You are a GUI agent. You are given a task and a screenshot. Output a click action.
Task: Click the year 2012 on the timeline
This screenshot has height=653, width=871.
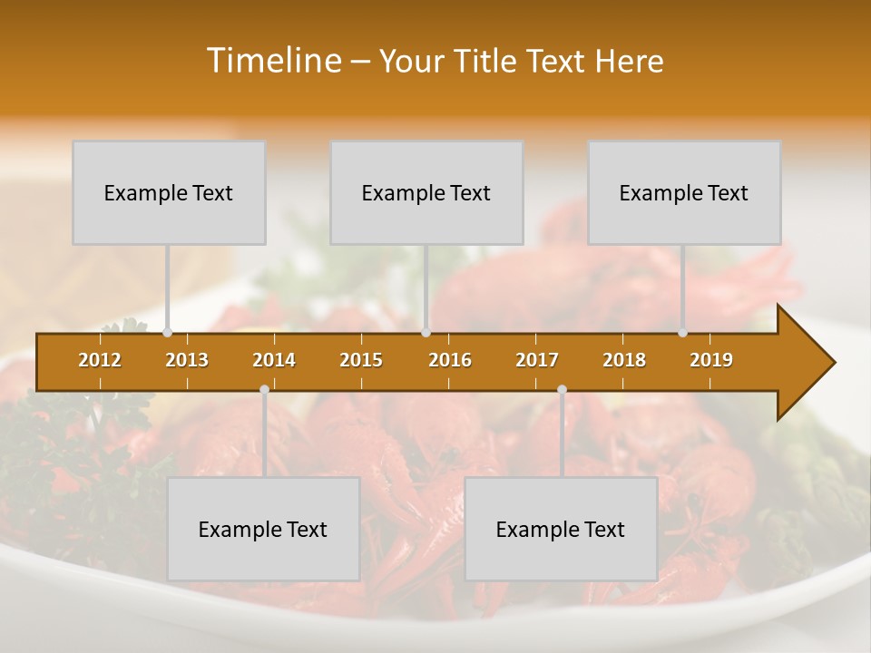point(100,360)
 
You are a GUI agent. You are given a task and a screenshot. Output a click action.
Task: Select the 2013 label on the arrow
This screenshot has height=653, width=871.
point(187,360)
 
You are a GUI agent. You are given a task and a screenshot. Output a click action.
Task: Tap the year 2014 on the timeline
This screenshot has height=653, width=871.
point(274,360)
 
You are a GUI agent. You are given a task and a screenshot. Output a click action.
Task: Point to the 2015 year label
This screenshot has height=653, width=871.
point(361,360)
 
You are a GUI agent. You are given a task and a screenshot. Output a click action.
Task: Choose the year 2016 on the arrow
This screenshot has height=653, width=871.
point(450,360)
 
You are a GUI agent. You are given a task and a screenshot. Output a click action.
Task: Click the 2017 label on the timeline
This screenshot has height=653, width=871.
point(537,360)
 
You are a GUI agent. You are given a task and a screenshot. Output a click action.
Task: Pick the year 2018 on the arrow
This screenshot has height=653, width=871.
point(624,360)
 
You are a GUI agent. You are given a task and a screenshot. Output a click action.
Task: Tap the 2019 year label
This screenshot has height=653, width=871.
point(711,360)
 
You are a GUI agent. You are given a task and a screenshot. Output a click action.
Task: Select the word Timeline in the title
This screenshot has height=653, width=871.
point(273,61)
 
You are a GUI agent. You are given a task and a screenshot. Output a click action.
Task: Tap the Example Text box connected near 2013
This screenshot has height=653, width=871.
point(169,192)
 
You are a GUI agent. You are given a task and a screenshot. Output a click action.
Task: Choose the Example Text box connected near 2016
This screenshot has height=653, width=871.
point(426,192)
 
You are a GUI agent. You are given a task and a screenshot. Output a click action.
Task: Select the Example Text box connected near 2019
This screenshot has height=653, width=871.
point(684,192)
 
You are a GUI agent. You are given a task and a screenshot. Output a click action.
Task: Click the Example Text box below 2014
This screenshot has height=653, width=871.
point(263,529)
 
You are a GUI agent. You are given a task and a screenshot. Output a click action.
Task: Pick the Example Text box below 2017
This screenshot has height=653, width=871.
point(561,529)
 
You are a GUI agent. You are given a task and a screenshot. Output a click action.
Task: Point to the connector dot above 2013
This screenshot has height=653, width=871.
point(168,333)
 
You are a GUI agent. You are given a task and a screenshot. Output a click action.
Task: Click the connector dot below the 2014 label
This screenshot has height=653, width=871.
point(264,389)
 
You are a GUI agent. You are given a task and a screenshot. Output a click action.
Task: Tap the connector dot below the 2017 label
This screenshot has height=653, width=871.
point(562,389)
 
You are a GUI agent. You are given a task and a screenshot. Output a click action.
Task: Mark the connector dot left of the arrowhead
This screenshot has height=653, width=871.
point(683,333)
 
